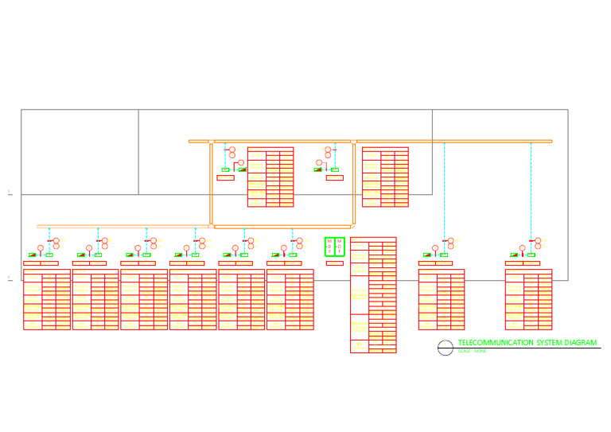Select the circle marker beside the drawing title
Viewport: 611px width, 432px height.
pos(445,347)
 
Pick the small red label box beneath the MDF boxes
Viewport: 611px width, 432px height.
pos(335,263)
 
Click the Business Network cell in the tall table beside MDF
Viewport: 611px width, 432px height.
pos(359,256)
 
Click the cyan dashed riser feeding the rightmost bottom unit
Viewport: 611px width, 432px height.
pos(531,191)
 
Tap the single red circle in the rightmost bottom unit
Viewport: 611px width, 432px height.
pos(522,247)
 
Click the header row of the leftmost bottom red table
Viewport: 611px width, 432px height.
pos(47,271)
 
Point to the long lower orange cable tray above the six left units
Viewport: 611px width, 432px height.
pos(123,226)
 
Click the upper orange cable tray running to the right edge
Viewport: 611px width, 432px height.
pos(453,141)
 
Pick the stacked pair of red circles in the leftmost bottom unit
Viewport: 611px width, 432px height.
pos(56,243)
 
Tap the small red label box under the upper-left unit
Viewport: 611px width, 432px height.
pos(225,177)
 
